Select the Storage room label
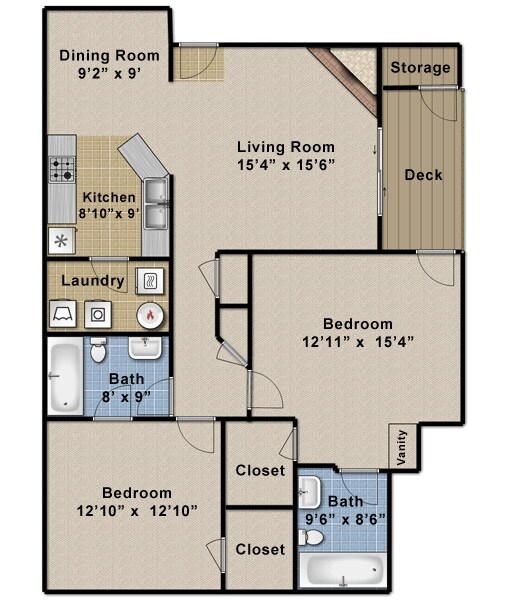tap(420, 68)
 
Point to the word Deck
tap(423, 175)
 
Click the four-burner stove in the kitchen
tap(62, 170)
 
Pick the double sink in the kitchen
tap(155, 203)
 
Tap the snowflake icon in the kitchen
tap(59, 240)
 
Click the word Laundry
tap(93, 281)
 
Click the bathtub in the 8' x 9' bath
tap(65, 377)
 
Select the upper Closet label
tap(260, 470)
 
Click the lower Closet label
tap(260, 549)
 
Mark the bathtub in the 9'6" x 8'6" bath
tap(344, 572)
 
